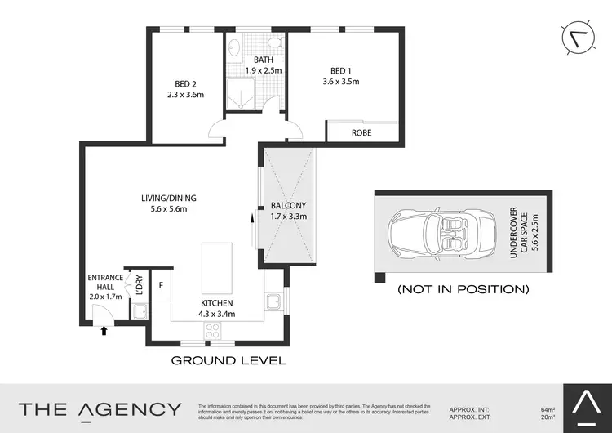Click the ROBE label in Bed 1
tap(362, 132)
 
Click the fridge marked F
tap(162, 285)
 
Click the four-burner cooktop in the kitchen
tap(213, 331)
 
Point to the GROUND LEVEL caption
tap(228, 359)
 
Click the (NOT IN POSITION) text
tap(463, 289)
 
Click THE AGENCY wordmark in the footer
tap(100, 409)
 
